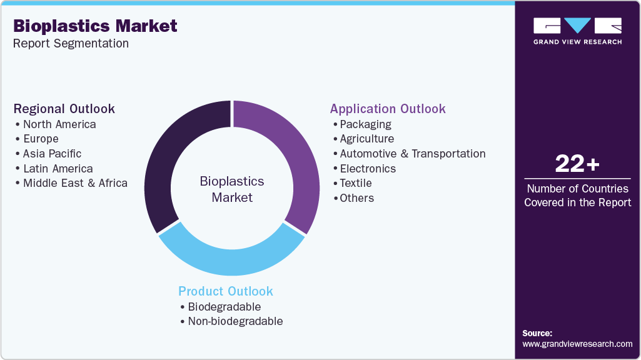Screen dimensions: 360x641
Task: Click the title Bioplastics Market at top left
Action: [x=95, y=26]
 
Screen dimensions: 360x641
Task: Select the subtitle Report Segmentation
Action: [x=71, y=43]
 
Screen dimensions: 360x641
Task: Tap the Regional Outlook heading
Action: [x=64, y=109]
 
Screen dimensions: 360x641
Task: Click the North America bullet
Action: [x=59, y=124]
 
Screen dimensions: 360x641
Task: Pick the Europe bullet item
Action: [x=41, y=139]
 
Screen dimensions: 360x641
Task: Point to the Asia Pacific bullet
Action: [x=52, y=154]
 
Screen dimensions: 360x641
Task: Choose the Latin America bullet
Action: [x=58, y=169]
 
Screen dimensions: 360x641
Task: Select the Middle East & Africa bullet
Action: [x=75, y=183]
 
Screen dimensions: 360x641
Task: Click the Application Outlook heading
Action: [x=388, y=109]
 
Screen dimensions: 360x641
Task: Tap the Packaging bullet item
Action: [x=365, y=124]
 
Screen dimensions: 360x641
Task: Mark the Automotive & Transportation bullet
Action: [x=412, y=154]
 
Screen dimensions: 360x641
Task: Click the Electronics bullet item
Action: [x=368, y=169]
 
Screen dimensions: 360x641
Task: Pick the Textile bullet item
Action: [x=355, y=183]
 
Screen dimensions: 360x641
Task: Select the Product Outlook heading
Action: [x=226, y=291]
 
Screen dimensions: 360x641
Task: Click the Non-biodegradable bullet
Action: [x=235, y=321]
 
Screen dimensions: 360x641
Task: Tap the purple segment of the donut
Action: [x=288, y=156]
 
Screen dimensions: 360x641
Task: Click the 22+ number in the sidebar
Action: [x=577, y=164]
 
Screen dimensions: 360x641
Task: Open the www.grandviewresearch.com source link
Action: [x=577, y=344]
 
